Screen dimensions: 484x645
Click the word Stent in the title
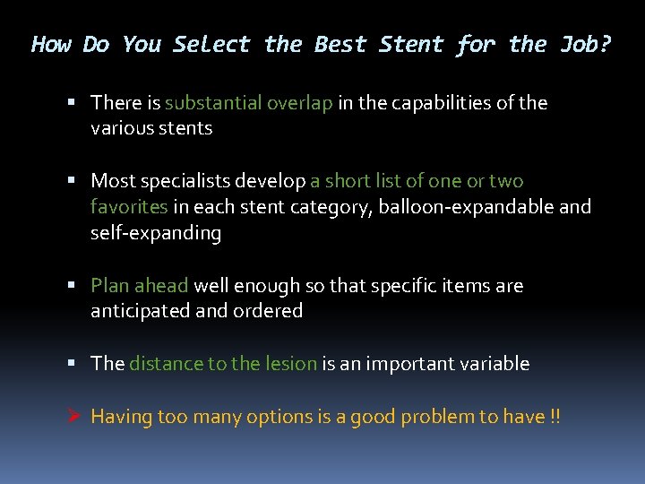(412, 44)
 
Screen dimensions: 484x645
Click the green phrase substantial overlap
(249, 102)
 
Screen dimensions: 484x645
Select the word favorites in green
(129, 207)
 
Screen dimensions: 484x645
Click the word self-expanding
(156, 233)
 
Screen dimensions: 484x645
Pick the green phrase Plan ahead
(140, 286)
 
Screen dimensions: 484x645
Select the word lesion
(291, 364)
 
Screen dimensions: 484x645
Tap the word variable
(495, 364)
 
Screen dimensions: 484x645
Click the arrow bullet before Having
(74, 417)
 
